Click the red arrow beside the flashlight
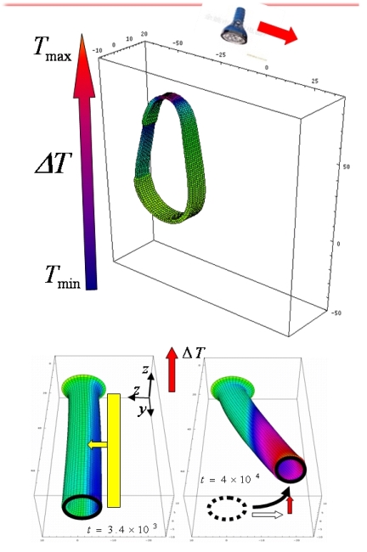click(278, 34)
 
